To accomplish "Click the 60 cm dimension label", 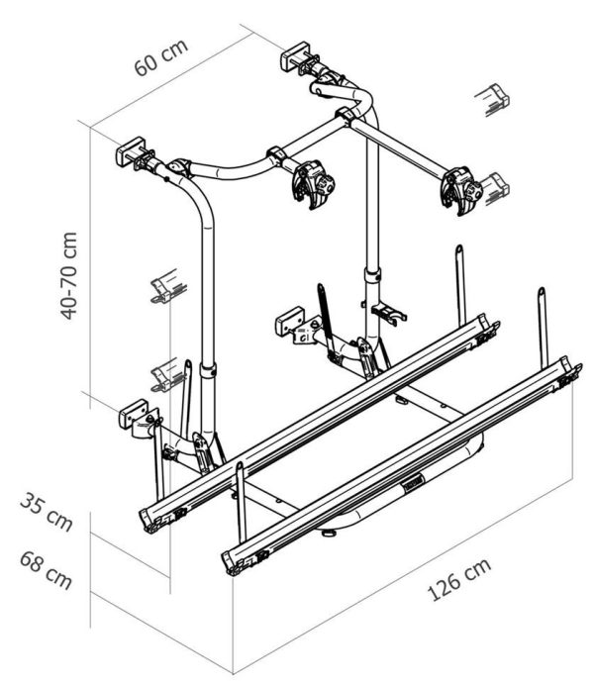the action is pyautogui.click(x=160, y=57).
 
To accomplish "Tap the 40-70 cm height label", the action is pyautogui.click(x=68, y=275).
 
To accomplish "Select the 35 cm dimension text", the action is pyautogui.click(x=47, y=511).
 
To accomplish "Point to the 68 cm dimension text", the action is pyautogui.click(x=46, y=570).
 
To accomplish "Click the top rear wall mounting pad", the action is pyautogui.click(x=295, y=54).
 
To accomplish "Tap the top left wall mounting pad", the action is pyautogui.click(x=130, y=150).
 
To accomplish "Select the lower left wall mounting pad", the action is pyautogui.click(x=134, y=413).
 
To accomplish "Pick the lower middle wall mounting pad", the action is pyautogui.click(x=290, y=321).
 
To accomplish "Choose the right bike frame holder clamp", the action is pyautogui.click(x=461, y=191).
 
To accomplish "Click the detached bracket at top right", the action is pyautogui.click(x=493, y=100).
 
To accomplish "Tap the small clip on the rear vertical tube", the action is pyautogui.click(x=388, y=314).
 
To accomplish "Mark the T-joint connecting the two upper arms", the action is pyautogui.click(x=345, y=117).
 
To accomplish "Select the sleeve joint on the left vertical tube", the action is pyautogui.click(x=208, y=370).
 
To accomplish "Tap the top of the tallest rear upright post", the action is pyautogui.click(x=459, y=248).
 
